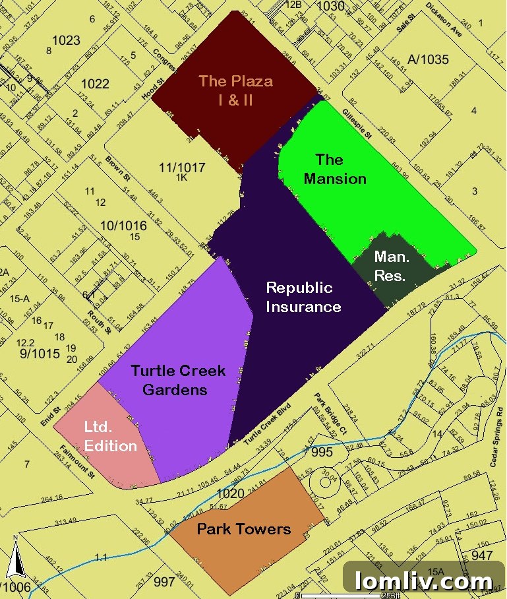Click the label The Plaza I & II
coord(235,91)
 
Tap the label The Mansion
coord(334,169)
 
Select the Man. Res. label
coord(390,266)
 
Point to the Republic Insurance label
coord(303,297)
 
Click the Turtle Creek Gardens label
coord(177,380)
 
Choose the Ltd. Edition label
coord(110,437)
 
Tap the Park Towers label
coord(243,529)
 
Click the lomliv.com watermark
coord(423,581)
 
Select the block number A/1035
coord(428,60)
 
